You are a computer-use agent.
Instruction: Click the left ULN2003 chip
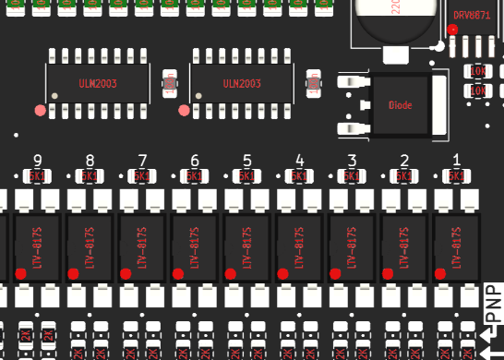click(99, 83)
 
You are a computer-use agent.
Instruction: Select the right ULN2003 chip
click(242, 83)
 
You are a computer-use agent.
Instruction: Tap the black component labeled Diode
click(400, 103)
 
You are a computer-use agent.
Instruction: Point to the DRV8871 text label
click(474, 15)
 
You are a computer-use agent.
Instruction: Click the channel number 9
click(37, 160)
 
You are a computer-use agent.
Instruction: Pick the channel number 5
click(246, 160)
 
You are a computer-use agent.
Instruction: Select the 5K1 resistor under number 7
click(142, 175)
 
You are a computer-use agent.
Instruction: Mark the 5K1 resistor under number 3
click(351, 175)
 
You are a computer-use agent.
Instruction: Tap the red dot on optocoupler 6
click(177, 273)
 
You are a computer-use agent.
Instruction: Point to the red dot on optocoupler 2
click(387, 273)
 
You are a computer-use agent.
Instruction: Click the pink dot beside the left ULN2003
click(40, 111)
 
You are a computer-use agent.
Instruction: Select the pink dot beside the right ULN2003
click(183, 111)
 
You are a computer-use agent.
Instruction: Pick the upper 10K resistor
click(477, 70)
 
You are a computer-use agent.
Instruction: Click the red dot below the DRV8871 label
click(451, 30)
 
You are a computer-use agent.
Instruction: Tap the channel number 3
click(351, 160)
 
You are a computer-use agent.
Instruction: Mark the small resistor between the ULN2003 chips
click(169, 84)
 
